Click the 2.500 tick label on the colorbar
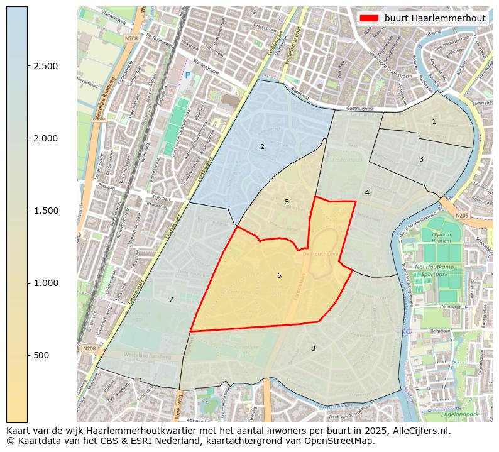coord(45,66)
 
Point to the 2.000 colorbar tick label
coord(45,138)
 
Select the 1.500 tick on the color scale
coord(45,211)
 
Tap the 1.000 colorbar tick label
coord(45,283)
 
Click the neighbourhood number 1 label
coord(434,121)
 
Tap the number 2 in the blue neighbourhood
coord(262,146)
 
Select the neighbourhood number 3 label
coord(421,159)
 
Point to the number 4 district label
coord(367,192)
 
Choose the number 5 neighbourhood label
coord(287,202)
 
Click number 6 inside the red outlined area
coord(279,275)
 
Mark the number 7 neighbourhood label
coord(171,299)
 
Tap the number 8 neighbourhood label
coord(313,348)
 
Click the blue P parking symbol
coord(187,75)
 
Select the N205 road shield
coord(463,216)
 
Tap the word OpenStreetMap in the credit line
coord(343,441)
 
